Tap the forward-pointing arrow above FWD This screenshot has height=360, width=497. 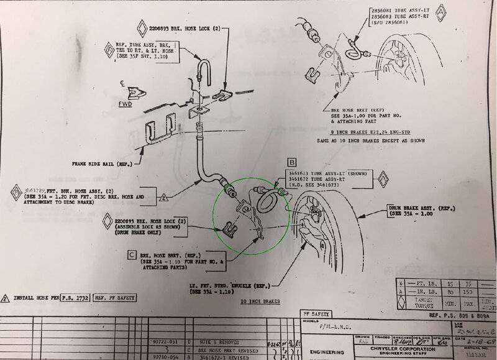135,93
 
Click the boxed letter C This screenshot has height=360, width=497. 132,254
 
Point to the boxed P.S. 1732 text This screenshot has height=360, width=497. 75,298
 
